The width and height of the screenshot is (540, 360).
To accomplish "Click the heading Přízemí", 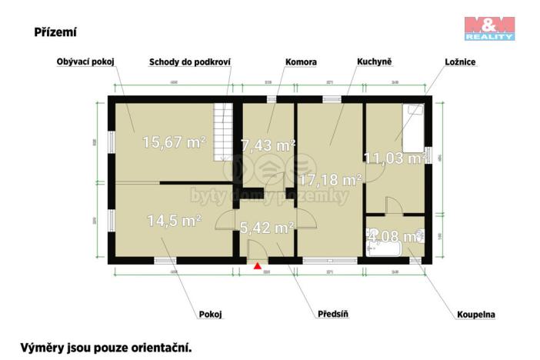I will pos(55,32).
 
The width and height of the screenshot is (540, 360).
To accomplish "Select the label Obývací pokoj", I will pos(85,62).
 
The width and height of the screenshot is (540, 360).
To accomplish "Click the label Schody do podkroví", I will pos(190,62).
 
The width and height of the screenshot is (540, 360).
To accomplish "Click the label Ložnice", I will pos(459,62).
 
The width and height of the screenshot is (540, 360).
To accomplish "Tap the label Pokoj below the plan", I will pos(211,314).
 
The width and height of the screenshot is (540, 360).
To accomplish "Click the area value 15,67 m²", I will pos(172,142).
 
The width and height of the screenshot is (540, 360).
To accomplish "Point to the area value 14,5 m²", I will pos(174,220).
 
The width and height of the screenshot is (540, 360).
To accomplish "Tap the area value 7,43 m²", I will pos(268,145).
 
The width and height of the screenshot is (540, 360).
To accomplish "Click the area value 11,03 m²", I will pos(395,158).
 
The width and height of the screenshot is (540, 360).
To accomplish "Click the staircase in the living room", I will pos(223,131).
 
